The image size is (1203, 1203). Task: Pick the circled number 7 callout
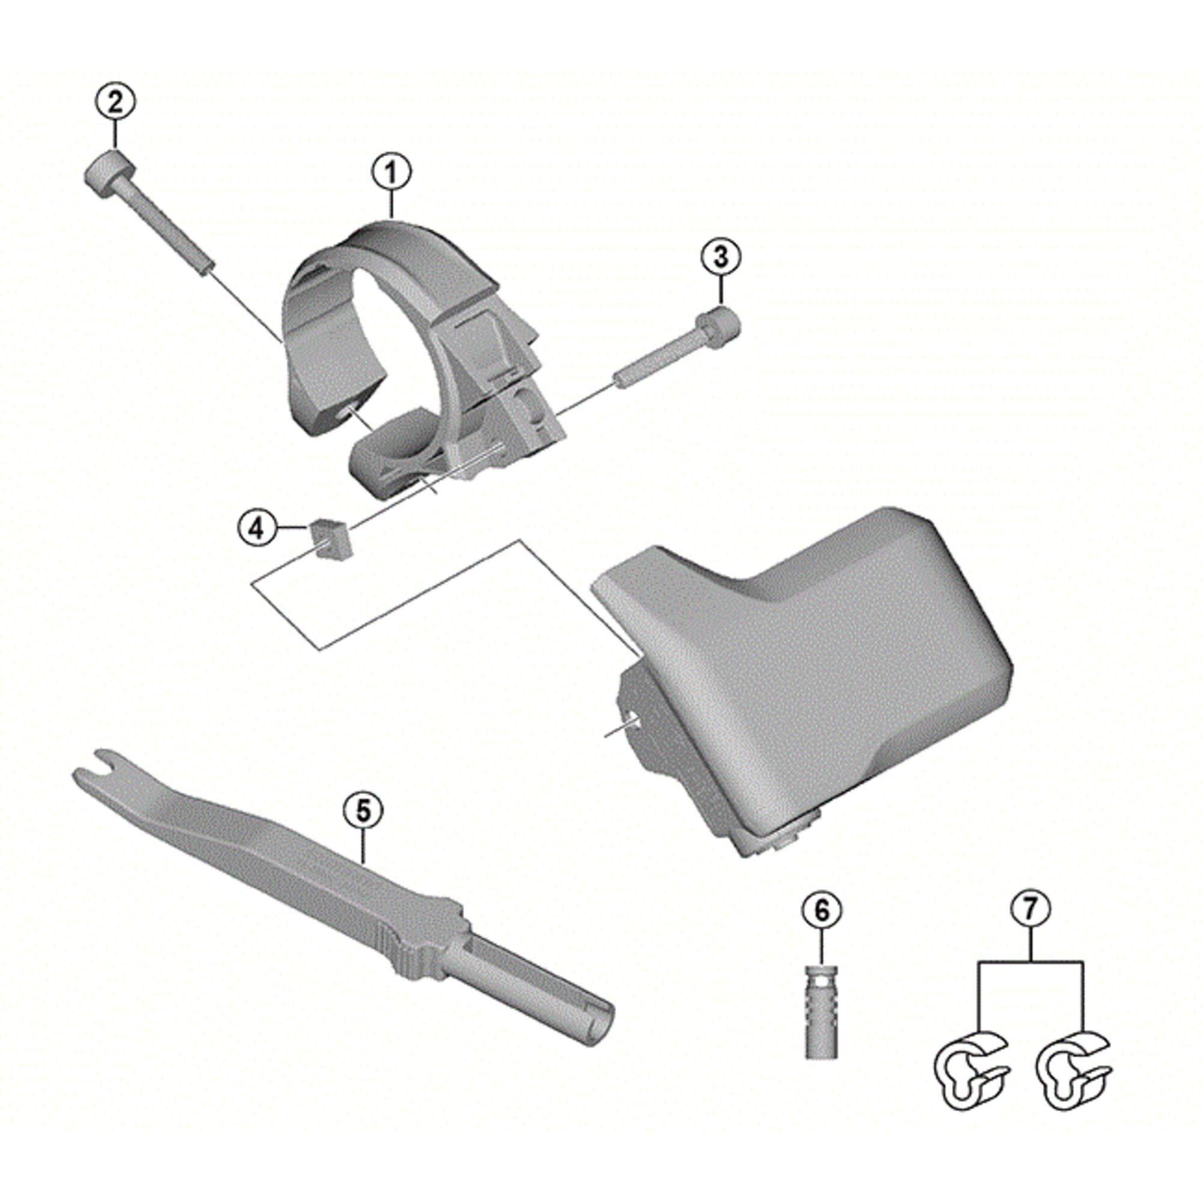coord(1030,909)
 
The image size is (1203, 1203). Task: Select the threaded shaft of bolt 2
coord(168,230)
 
